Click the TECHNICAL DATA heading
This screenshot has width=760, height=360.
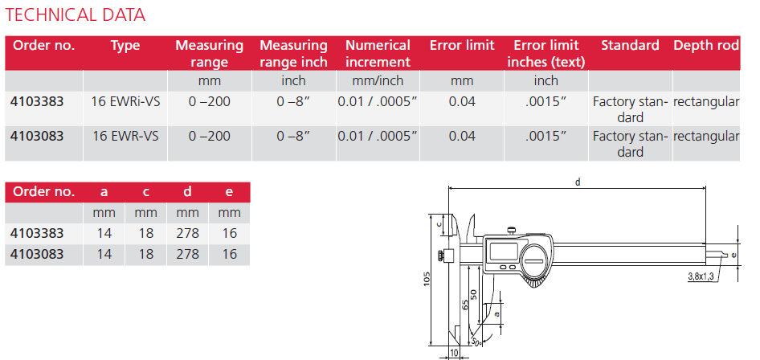76,15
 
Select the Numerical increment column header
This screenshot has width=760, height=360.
378,54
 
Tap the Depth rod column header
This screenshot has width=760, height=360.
706,46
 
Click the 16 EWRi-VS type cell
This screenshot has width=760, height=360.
125,102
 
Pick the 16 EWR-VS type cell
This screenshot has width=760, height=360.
125,136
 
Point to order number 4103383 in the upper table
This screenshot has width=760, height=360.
37,102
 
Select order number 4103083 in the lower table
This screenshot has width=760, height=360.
37,254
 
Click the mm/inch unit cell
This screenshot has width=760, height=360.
378,80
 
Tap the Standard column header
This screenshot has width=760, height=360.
630,46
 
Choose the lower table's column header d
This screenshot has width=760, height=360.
187,192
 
